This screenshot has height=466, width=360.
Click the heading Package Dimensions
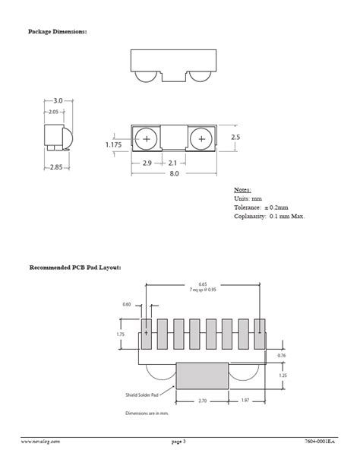(x=58, y=31)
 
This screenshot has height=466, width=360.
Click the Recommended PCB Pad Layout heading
(x=75, y=268)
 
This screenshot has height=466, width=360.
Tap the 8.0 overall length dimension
(x=174, y=173)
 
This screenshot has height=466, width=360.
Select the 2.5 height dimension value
(x=235, y=138)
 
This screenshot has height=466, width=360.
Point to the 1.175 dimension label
(x=114, y=144)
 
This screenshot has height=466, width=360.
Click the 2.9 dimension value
(x=147, y=162)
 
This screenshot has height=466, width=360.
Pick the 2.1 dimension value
(x=172, y=162)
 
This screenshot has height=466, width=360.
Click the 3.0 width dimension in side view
(x=58, y=100)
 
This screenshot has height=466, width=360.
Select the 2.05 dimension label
(x=53, y=112)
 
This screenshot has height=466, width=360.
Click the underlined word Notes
(x=242, y=189)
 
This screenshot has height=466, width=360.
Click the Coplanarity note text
(x=269, y=217)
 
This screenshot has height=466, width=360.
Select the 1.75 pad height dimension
(x=120, y=334)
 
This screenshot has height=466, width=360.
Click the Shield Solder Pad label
(x=142, y=395)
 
